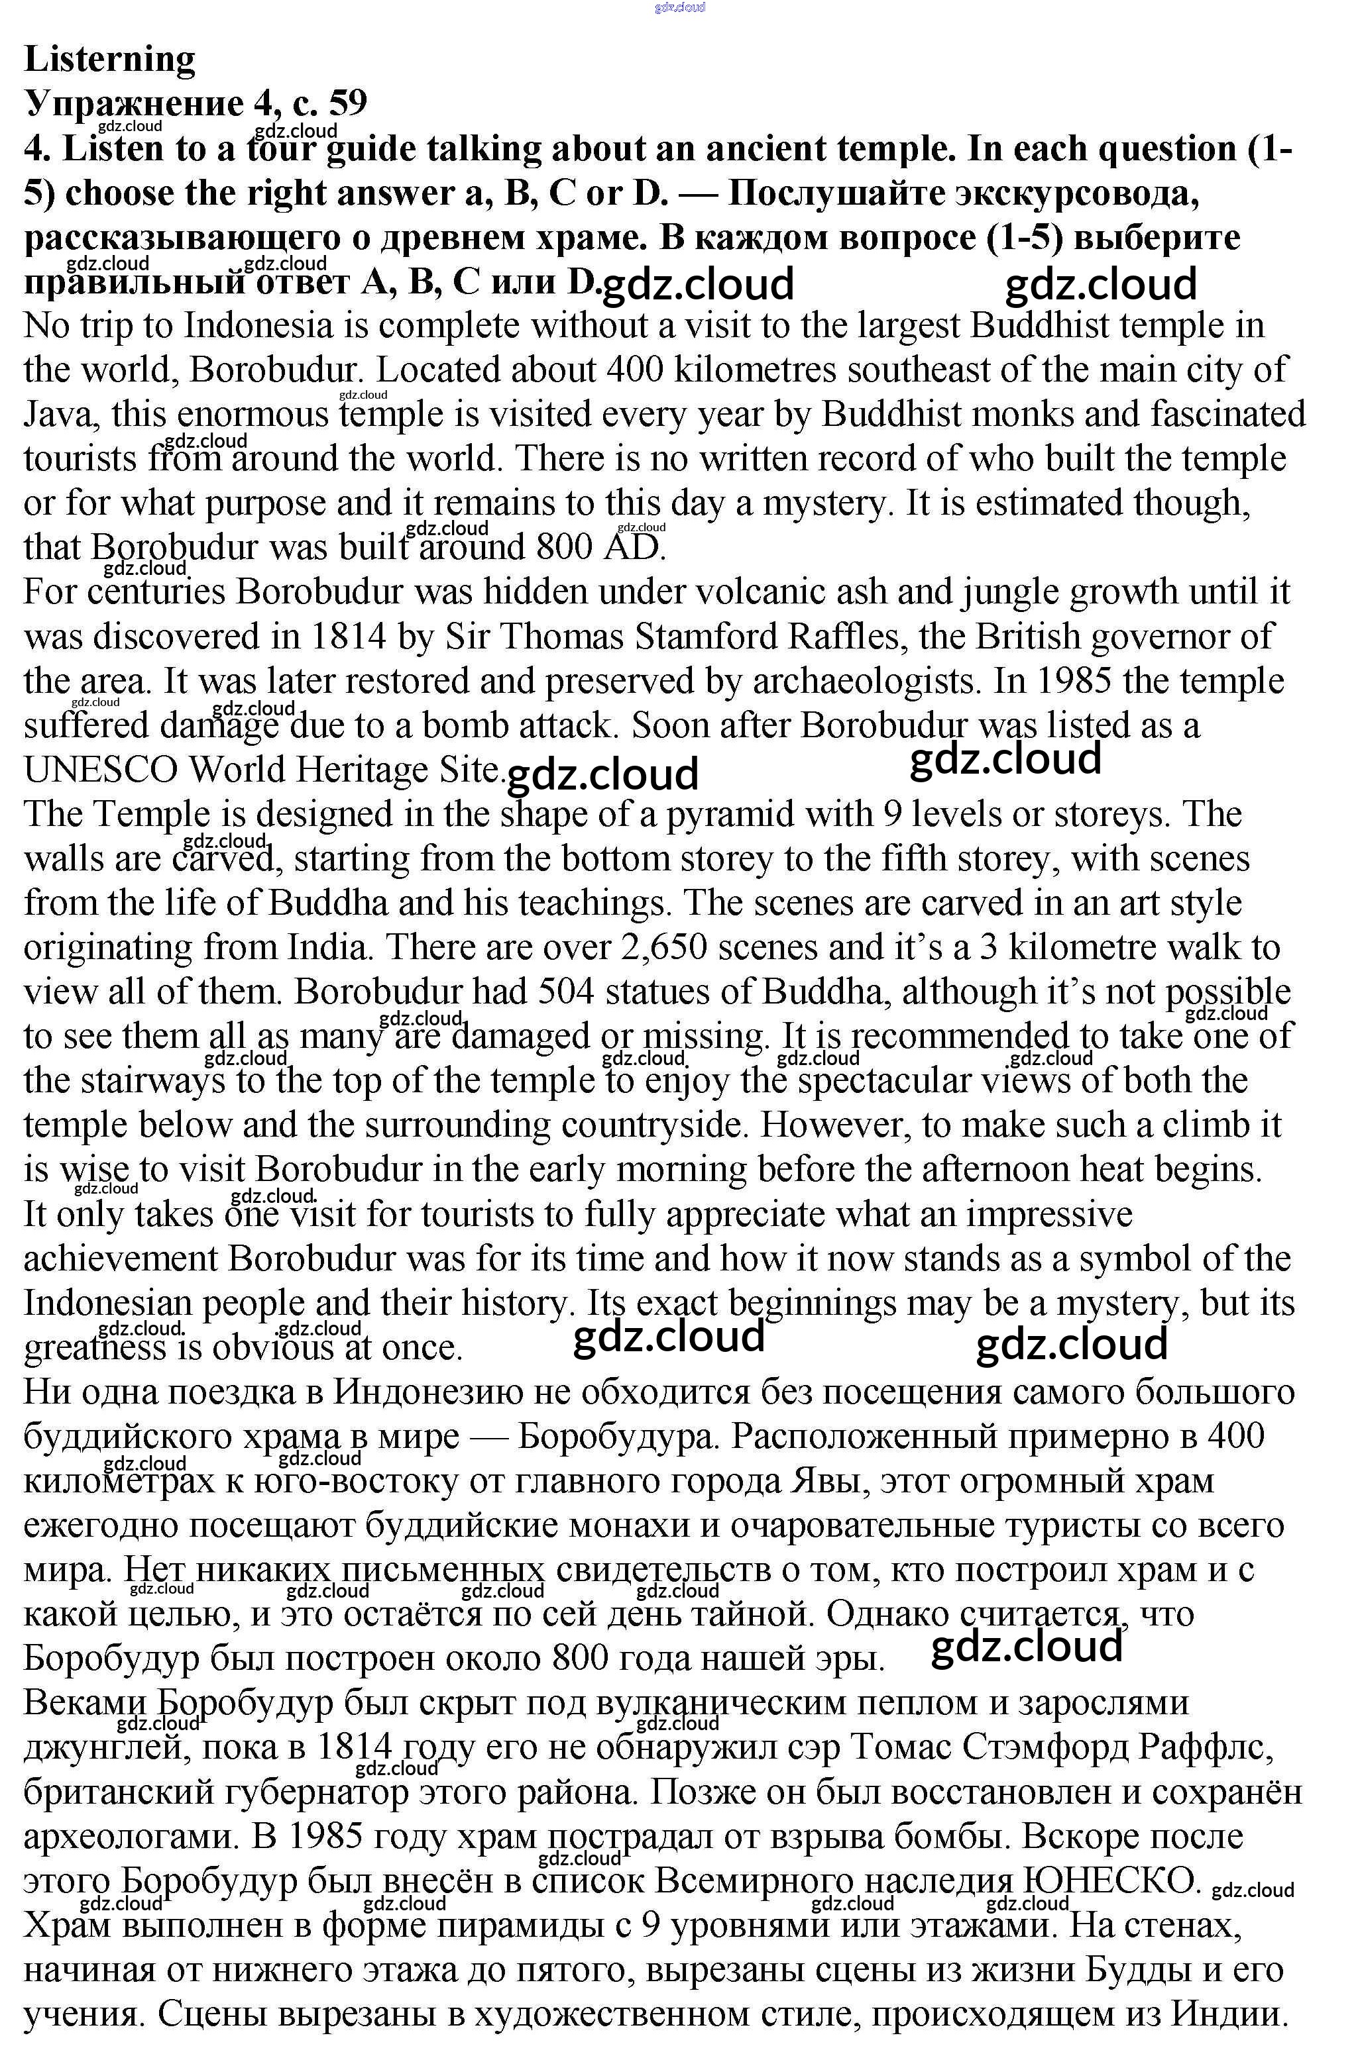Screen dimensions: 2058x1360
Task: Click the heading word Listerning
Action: tap(110, 59)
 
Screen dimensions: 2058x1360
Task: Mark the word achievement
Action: tap(121, 1259)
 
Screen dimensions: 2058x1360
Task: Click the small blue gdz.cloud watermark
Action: tap(680, 7)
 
